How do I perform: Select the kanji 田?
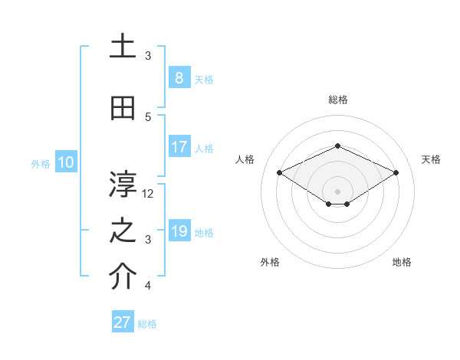pyautogui.click(x=123, y=109)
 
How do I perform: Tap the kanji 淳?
pyautogui.click(x=123, y=184)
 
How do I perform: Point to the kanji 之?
pyautogui.click(x=123, y=231)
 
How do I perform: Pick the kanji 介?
pyautogui.click(x=123, y=277)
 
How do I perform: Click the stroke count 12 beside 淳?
pyautogui.click(x=149, y=194)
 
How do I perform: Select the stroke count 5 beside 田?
pyautogui.click(x=149, y=116)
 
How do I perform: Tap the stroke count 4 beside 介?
pyautogui.click(x=149, y=286)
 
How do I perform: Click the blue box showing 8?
pyautogui.click(x=179, y=77)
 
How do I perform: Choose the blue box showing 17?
pyautogui.click(x=179, y=147)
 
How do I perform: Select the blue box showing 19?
pyautogui.click(x=179, y=231)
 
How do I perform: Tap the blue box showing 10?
pyautogui.click(x=65, y=162)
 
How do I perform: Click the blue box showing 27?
pyautogui.click(x=123, y=322)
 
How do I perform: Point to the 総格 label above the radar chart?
pyautogui.click(x=338, y=100)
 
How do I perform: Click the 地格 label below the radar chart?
pyautogui.click(x=402, y=262)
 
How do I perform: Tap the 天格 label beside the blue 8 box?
pyautogui.click(x=204, y=79)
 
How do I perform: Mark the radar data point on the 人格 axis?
pyautogui.click(x=279, y=173)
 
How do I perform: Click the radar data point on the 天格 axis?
pyautogui.click(x=396, y=173)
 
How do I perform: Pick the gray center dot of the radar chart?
pyautogui.click(x=338, y=191)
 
